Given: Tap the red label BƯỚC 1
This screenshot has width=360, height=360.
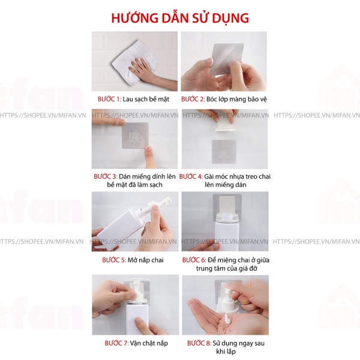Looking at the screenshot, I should point(109,98).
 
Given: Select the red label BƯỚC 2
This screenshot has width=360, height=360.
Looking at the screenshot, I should point(194,98).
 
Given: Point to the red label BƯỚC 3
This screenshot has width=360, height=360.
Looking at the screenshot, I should point(106,176).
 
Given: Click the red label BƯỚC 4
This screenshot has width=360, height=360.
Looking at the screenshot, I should point(191,176).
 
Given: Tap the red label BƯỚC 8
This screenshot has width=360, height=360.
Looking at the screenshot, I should point(199,343).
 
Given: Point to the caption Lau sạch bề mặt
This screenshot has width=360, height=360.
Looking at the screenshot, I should point(149,98).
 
